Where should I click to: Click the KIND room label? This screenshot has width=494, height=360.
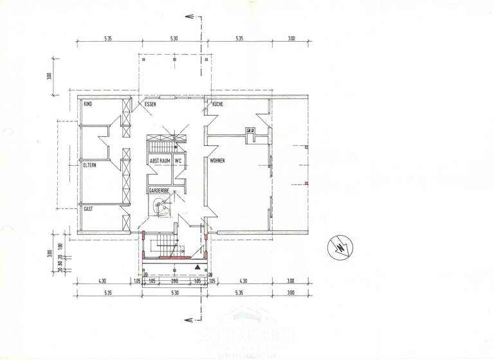coord(88,103)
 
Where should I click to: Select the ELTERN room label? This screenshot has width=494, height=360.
coord(91,166)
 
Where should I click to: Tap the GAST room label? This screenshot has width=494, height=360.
coord(89,209)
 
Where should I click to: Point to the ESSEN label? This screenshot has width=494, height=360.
coord(151,103)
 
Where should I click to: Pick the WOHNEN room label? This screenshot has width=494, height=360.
coord(217,160)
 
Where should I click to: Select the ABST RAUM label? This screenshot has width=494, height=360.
coord(160,160)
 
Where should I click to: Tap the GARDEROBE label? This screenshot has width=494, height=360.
coord(159,191)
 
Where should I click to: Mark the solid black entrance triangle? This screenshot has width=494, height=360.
coord(197,265)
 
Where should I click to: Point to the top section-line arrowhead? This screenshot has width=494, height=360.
coord(187,17)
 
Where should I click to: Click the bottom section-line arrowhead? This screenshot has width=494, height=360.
coord(187,321)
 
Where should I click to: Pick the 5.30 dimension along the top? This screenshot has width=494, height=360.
coord(174,39)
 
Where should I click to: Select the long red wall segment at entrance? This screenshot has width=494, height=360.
coord(168,257)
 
